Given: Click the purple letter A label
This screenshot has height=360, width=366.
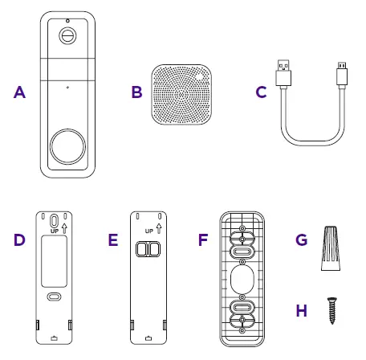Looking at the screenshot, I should (x=20, y=93).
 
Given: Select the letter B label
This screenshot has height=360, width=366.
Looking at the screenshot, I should (x=137, y=93).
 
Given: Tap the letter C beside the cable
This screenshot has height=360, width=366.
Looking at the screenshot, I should (x=261, y=93).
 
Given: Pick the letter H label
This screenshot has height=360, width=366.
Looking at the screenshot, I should (x=301, y=310).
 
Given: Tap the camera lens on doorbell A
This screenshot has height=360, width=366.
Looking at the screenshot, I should (x=67, y=36).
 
